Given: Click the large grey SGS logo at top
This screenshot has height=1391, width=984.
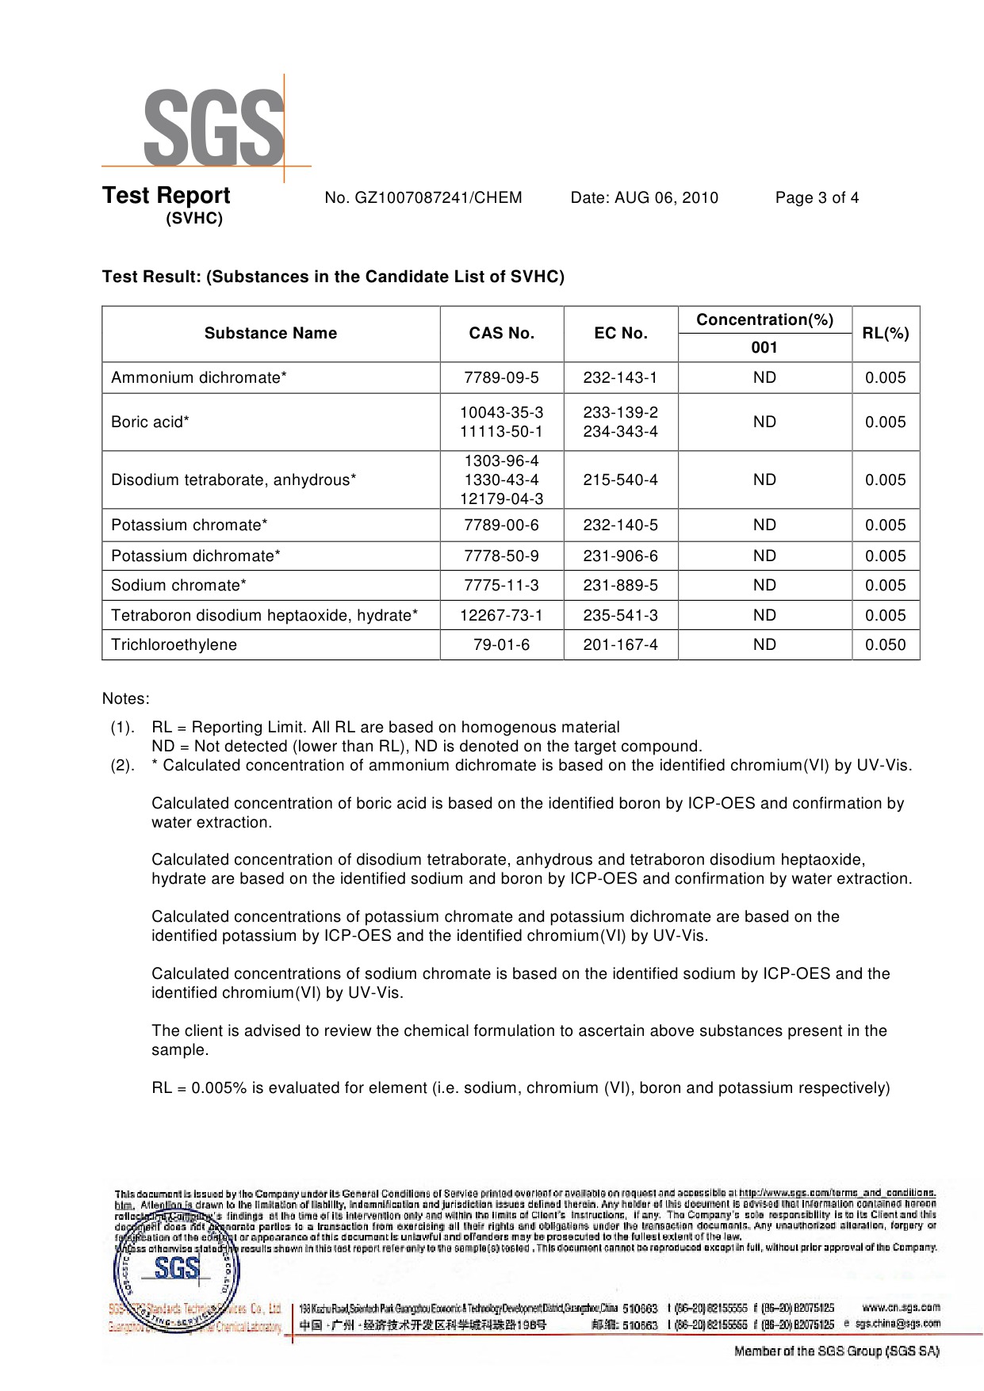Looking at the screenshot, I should [x=212, y=127].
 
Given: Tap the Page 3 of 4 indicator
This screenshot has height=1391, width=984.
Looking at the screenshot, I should [x=817, y=198].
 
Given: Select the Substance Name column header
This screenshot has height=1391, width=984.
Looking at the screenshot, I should [x=270, y=334].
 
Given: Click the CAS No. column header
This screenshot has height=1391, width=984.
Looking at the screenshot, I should [x=501, y=334].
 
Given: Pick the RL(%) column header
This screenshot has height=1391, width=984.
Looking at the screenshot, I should [x=885, y=334].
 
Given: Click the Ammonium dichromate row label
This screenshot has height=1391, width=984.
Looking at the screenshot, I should [x=198, y=378].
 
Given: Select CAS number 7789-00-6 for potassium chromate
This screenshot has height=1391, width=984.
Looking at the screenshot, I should [x=501, y=525].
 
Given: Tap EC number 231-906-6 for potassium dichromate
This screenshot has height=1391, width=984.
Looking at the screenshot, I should [x=620, y=556].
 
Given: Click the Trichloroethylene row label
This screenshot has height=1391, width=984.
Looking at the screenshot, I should [x=174, y=645].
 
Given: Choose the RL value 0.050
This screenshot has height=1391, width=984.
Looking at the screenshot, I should [x=885, y=645].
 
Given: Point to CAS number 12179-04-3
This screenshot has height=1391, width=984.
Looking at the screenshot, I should [x=501, y=499].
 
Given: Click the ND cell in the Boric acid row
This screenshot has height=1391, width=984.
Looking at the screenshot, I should [x=764, y=422].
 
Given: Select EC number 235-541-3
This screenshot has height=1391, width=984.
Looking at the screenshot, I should [x=620, y=616].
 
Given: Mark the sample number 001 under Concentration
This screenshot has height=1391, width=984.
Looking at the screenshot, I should [x=764, y=348].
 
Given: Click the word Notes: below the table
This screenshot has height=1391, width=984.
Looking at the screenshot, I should [x=125, y=699].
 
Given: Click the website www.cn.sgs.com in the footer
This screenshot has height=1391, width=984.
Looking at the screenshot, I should [x=900, y=1308].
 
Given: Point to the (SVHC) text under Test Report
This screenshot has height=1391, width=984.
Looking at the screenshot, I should [x=194, y=219].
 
